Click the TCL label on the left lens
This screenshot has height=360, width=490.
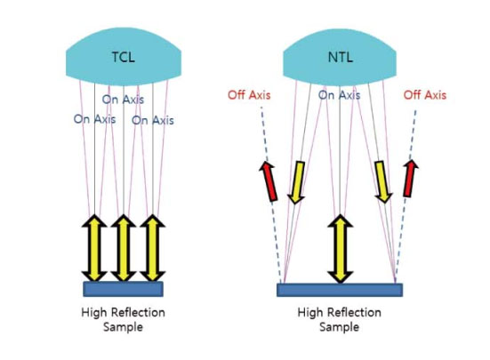124,57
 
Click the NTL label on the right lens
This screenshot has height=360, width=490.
341,57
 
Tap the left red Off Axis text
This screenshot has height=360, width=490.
249,95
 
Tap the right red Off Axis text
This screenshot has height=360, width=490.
425,95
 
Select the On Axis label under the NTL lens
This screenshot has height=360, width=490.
339,95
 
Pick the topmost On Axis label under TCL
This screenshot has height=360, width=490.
123,100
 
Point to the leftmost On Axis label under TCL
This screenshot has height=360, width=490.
94,119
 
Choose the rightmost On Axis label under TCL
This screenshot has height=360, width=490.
152,120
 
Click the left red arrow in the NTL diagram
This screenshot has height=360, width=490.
269,180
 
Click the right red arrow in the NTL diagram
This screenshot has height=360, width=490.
410,179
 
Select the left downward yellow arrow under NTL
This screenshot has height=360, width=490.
296,182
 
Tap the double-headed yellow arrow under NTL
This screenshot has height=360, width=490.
341,249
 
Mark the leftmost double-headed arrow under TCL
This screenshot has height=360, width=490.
94,248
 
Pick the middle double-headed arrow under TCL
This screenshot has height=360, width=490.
124,248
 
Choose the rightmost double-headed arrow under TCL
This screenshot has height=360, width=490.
152,248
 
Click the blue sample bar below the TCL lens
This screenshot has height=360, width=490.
123,289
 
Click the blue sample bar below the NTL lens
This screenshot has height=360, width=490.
340,290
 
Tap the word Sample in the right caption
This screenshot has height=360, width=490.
339,327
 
